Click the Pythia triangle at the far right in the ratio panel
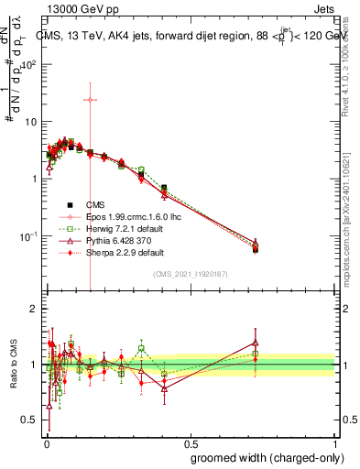tap(255, 343)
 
